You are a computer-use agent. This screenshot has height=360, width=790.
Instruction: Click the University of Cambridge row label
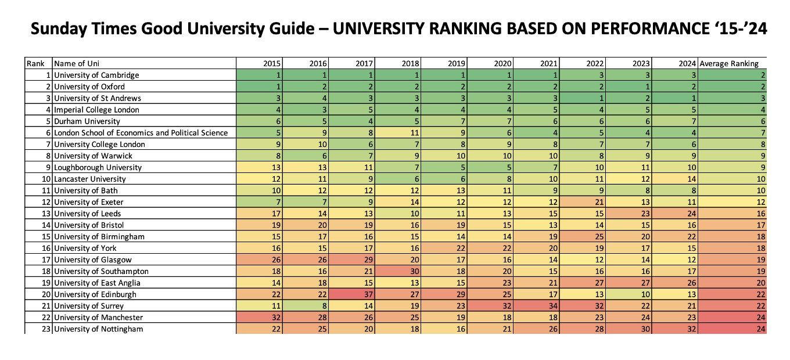(96, 75)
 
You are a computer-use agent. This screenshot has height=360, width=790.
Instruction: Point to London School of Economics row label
(141, 132)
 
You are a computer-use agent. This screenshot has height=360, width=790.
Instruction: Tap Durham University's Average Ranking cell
(733, 121)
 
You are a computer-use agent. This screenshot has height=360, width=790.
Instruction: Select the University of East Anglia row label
(97, 283)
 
